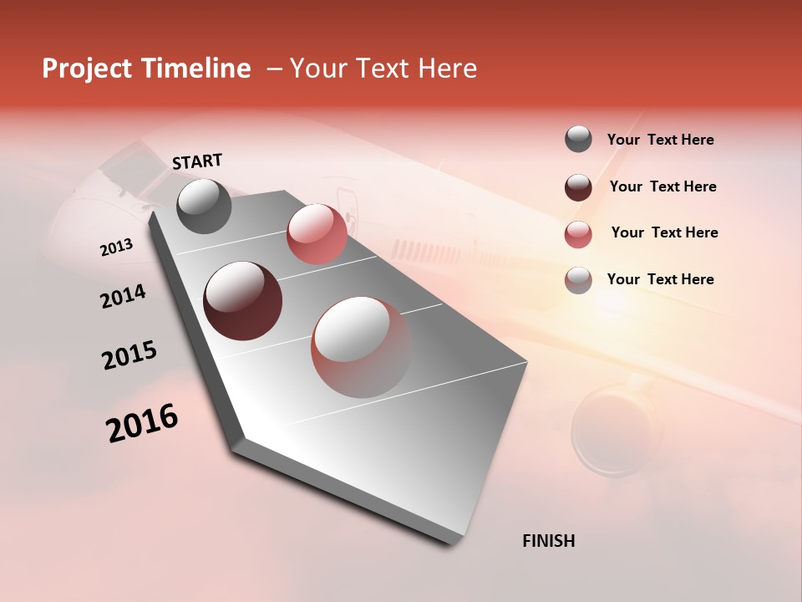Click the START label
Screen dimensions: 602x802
coord(197,161)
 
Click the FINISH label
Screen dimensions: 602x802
coord(548,541)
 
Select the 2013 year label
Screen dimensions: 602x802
coord(116,247)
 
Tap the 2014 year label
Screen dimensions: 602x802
coord(123,297)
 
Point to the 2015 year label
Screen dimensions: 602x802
coord(129,355)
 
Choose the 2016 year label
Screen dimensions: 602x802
coord(142,423)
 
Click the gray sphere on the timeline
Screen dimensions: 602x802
coord(204,206)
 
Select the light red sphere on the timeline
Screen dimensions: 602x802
coord(316,234)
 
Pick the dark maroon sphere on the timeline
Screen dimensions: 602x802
coord(242,301)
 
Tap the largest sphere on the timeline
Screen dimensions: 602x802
coord(361,347)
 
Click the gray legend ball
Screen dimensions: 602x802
coord(578,140)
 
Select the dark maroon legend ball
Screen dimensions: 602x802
coord(578,187)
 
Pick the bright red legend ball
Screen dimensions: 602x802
coord(578,234)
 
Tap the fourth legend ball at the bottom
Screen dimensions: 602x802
coord(578,280)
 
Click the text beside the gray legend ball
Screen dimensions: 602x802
coord(660,140)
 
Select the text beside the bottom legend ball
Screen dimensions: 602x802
coord(660,279)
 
